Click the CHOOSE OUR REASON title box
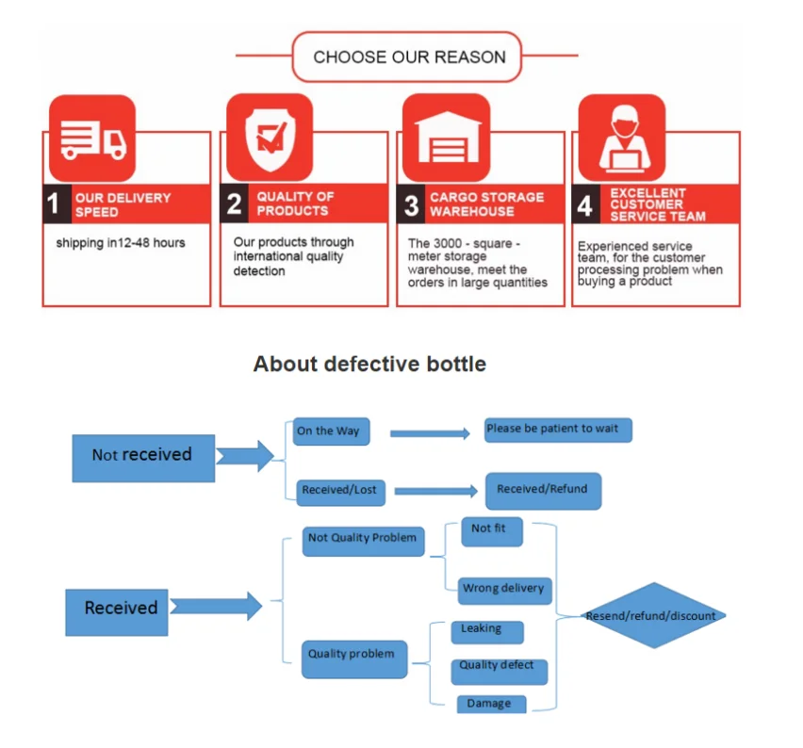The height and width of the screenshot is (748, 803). [x=409, y=57]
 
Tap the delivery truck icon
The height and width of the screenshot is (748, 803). [x=92, y=138]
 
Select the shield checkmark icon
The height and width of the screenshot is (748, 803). [x=269, y=138]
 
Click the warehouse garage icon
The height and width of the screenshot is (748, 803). [x=446, y=138]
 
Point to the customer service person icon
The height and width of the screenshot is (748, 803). [x=621, y=138]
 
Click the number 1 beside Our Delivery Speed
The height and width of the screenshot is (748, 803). [x=55, y=204]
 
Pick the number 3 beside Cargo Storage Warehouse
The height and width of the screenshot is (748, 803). [x=412, y=204]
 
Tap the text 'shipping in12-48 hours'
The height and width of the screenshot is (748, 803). [x=121, y=243]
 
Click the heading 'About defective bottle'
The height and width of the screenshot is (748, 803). [x=369, y=364]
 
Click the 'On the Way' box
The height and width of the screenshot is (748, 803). [x=331, y=431]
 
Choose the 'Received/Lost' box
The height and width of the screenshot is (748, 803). [x=338, y=490]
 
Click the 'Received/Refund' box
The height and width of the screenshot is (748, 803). [x=543, y=490]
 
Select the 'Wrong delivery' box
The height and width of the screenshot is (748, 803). [x=504, y=589]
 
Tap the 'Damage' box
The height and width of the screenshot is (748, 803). [x=488, y=703]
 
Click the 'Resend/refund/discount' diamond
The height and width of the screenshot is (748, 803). [x=650, y=616]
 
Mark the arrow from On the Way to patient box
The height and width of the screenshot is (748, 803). [x=430, y=433]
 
